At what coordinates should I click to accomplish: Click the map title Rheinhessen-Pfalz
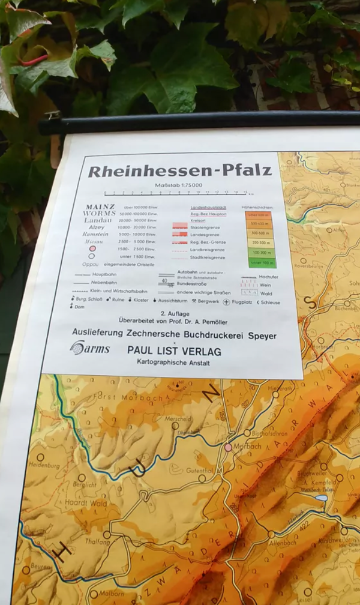179,172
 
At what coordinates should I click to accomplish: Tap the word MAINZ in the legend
100,207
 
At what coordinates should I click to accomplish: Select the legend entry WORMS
100,214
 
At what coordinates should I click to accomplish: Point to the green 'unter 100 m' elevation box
262,263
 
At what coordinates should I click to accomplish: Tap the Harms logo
89,348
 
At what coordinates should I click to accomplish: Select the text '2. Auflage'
171,314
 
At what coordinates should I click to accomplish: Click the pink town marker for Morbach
228,447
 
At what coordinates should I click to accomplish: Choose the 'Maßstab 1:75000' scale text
178,185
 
